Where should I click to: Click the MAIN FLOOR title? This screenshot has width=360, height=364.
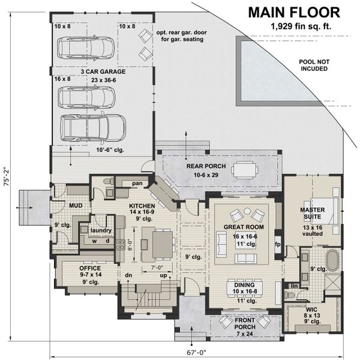293,12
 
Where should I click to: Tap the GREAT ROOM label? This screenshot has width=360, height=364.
241,228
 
